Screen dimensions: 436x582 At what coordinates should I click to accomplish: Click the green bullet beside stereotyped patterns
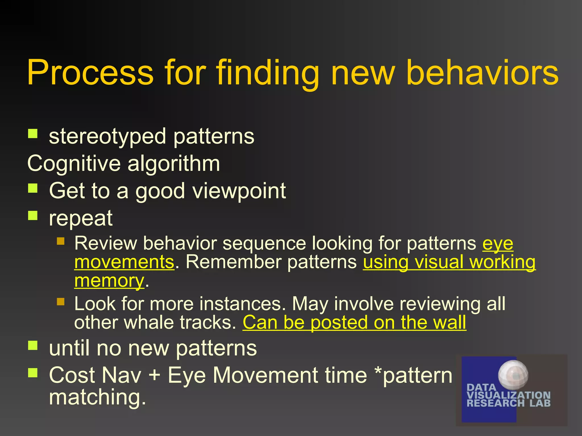click(x=33, y=133)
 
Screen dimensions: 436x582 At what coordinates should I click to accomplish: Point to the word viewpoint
click(x=239, y=191)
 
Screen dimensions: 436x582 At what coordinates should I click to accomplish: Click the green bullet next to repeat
click(x=33, y=215)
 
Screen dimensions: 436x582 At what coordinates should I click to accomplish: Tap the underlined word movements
click(x=124, y=262)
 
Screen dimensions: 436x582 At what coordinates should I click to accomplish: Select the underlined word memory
click(x=109, y=281)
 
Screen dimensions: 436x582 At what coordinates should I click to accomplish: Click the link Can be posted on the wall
click(x=354, y=323)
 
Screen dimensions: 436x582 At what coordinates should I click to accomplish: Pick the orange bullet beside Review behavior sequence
click(x=61, y=241)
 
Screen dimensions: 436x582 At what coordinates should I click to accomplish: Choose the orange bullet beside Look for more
click(x=61, y=301)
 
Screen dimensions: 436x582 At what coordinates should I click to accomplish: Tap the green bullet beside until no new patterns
click(x=33, y=345)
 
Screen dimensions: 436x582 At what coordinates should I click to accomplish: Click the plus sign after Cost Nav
click(x=154, y=375)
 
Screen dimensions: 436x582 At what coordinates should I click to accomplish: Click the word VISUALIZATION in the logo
click(x=508, y=395)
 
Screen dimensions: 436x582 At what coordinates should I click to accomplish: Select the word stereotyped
click(x=107, y=137)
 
